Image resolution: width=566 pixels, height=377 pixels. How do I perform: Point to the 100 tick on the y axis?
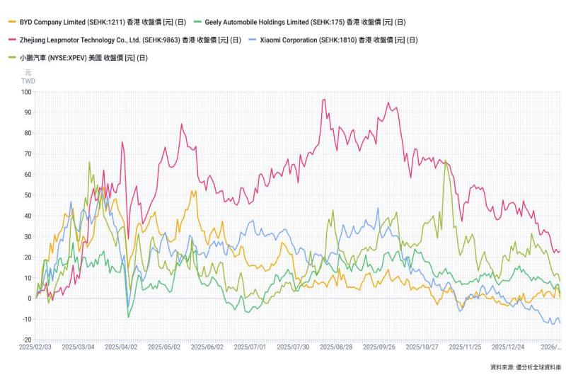(x=27, y=92)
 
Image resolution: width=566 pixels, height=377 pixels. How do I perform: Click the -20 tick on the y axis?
(x=27, y=340)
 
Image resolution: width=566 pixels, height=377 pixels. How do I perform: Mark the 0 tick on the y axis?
(x=29, y=298)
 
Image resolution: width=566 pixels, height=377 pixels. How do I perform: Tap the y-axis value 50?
(x=27, y=195)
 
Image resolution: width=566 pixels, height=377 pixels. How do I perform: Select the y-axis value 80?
(x=27, y=133)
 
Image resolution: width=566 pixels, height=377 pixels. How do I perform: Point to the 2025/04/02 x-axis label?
(x=121, y=347)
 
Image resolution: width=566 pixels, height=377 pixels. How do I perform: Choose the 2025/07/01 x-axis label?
(x=248, y=347)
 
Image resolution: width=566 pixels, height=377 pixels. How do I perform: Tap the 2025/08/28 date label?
(x=335, y=347)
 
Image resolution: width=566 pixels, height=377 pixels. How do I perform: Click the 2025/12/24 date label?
(x=507, y=347)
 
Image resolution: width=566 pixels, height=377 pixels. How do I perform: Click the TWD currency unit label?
(x=28, y=81)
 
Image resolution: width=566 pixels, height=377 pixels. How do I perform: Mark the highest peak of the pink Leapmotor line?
(x=323, y=100)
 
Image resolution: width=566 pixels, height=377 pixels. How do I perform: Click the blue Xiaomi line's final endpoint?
(x=560, y=323)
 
